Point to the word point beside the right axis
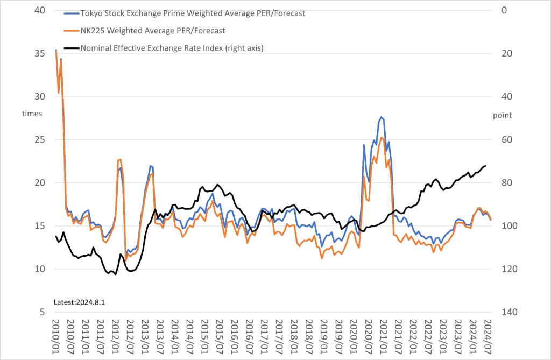[502, 115]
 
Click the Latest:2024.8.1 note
[79, 302]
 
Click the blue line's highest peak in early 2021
[382, 117]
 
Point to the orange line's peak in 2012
[120, 159]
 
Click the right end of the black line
[486, 166]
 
